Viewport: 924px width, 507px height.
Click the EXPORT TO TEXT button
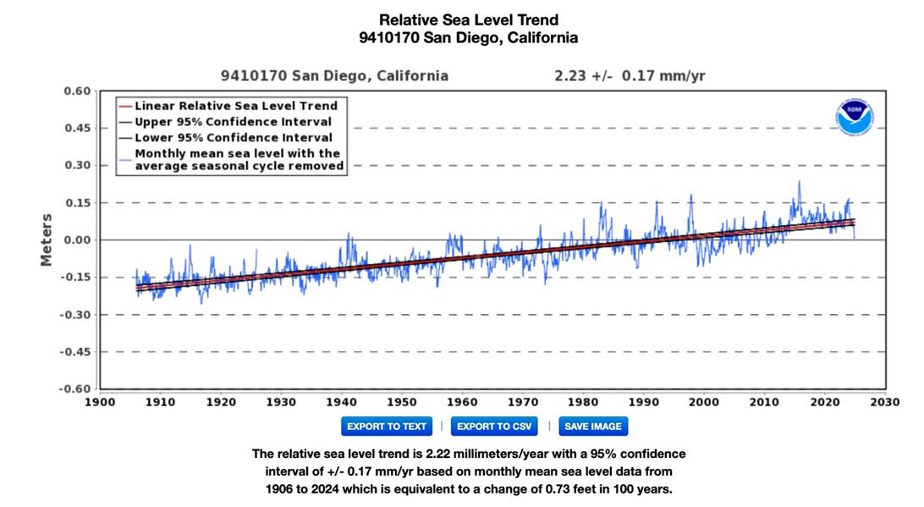point(387,426)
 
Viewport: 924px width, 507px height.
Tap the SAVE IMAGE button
point(593,426)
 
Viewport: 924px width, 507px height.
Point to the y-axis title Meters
point(47,240)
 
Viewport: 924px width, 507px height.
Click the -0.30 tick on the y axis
point(74,315)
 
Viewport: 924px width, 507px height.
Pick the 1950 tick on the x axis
point(402,402)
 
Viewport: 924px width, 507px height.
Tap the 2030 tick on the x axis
point(887,402)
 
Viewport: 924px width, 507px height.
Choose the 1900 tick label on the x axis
point(100,402)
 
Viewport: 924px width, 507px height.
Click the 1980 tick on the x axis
point(584,402)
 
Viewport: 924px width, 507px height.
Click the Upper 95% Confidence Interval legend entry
point(233,122)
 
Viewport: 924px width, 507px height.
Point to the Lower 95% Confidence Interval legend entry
point(233,137)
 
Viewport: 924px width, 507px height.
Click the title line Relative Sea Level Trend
point(469,19)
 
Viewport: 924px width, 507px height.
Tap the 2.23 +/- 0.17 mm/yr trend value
point(630,76)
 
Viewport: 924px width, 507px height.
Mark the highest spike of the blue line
point(798,182)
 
